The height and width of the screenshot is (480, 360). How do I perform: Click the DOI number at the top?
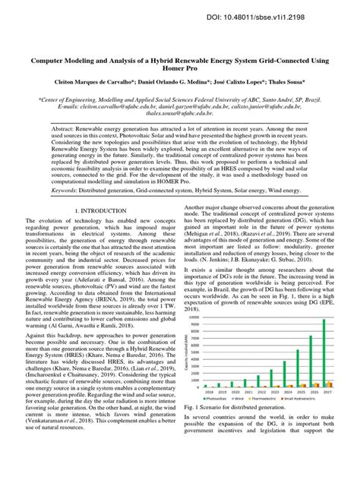click(x=295, y=15)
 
